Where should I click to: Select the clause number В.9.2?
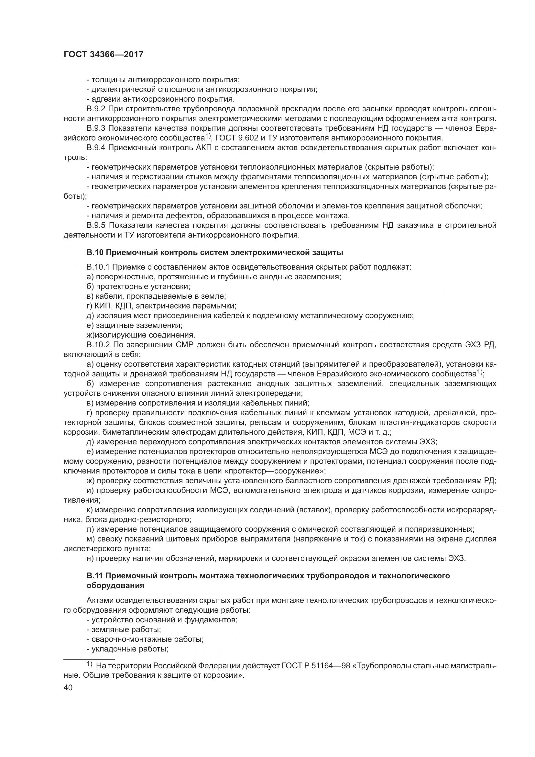[96, 109]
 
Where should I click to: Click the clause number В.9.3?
[96, 128]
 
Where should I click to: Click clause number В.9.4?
[96, 147]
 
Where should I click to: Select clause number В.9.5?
[96, 225]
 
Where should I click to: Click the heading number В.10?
[94, 252]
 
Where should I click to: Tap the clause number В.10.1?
[98, 267]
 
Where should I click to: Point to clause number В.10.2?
[98, 345]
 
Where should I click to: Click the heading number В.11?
[94, 576]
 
